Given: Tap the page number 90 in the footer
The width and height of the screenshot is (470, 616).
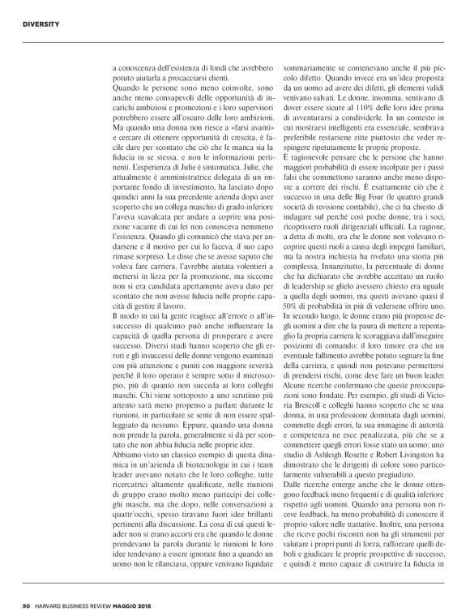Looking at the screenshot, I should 27,605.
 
